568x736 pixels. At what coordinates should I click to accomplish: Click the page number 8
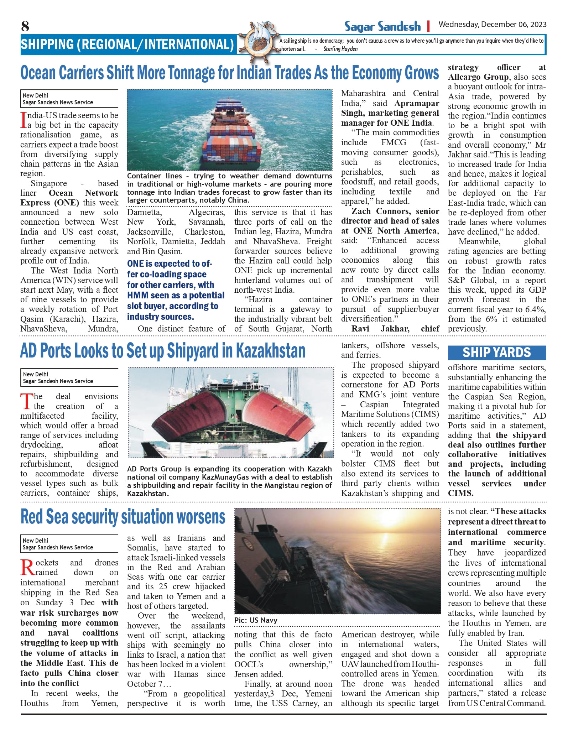click(25, 26)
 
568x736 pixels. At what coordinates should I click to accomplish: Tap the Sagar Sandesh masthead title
click(382, 26)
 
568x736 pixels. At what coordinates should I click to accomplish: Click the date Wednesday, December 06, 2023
click(492, 24)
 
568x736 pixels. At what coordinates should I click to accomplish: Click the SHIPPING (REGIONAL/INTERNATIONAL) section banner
click(127, 45)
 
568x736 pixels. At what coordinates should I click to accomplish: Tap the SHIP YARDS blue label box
click(496, 353)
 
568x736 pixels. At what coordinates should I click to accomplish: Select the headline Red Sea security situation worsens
click(123, 517)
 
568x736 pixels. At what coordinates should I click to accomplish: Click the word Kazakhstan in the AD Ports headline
click(271, 351)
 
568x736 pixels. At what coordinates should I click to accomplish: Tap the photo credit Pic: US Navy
click(256, 620)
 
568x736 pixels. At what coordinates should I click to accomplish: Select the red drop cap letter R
click(27, 568)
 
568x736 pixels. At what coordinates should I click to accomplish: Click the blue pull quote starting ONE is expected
click(173, 290)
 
